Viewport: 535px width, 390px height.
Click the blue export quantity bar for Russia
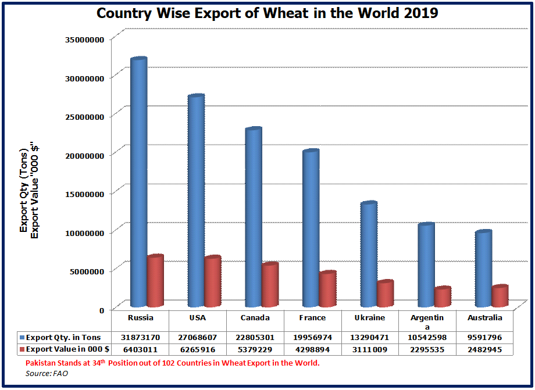[138, 183]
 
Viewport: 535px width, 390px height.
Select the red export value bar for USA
[213, 282]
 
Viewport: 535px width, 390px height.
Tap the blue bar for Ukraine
[369, 255]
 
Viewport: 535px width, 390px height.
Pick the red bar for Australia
[500, 296]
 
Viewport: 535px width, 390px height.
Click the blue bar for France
[311, 228]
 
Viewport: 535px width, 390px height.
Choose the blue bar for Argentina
[426, 265]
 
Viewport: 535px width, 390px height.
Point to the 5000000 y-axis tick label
[84, 271]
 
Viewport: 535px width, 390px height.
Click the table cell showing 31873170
[140, 338]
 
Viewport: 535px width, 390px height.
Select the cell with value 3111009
[370, 349]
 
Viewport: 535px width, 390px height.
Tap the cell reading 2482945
[484, 349]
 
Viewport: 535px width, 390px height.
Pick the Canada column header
[255, 318]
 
